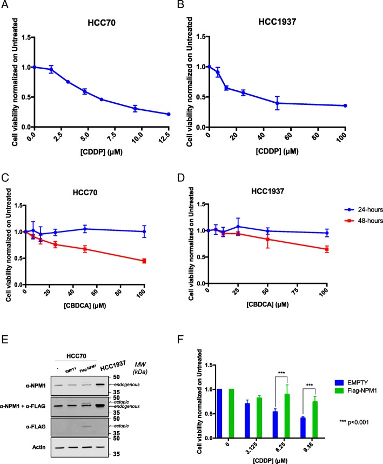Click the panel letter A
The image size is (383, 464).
coord(10,8)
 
